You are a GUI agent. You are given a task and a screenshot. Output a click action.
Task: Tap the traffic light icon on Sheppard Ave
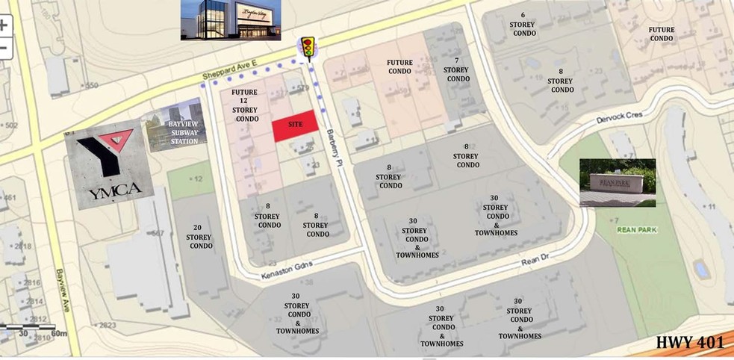pyautogui.click(x=307, y=47)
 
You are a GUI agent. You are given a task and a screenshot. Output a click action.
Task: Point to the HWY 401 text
pyautogui.click(x=690, y=343)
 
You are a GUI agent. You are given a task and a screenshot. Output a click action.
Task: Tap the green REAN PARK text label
pyautogui.click(x=637, y=229)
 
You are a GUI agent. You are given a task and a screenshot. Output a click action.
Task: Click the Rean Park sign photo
pyautogui.click(x=618, y=182)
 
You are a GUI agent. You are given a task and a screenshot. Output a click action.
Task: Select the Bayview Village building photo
pyautogui.click(x=231, y=19)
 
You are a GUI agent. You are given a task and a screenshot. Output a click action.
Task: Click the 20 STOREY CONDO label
pyautogui.click(x=199, y=237)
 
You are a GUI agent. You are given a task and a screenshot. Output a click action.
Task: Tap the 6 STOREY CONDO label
pyautogui.click(x=523, y=24)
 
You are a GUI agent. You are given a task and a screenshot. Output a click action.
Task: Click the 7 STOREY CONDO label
pyautogui.click(x=456, y=69)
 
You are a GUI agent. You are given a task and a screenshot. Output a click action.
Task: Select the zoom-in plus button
pyautogui.click(x=4, y=25)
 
